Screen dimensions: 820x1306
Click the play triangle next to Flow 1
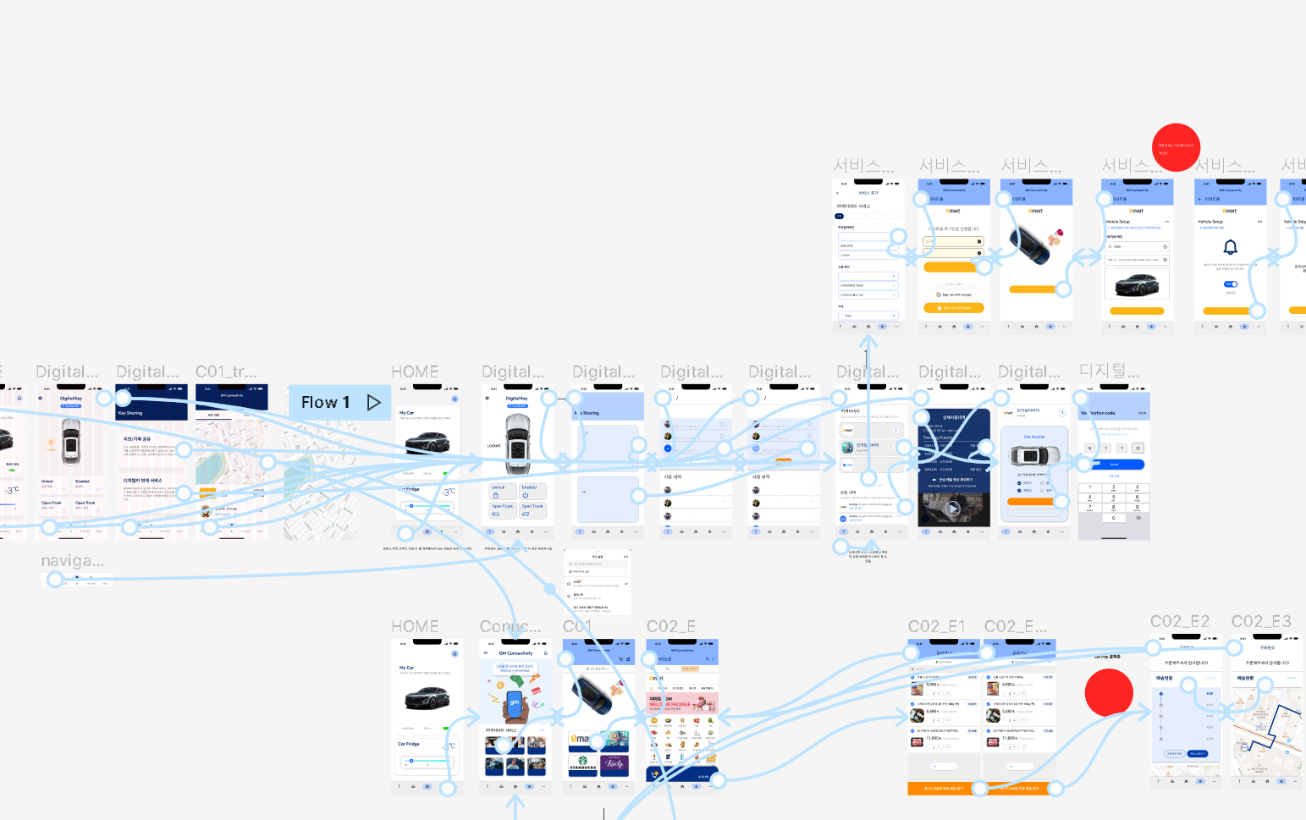(373, 403)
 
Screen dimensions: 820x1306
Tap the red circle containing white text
(1176, 148)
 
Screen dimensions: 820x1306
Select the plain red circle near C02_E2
(1109, 692)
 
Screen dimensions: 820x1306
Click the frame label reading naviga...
(73, 561)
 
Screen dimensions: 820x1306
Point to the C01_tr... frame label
(226, 372)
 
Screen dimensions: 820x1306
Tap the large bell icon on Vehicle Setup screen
(1231, 247)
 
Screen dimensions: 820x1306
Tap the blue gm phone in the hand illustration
(514, 703)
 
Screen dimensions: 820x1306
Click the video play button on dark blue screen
(953, 509)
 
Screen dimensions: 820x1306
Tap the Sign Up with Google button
(954, 294)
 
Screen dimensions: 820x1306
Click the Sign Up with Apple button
(954, 308)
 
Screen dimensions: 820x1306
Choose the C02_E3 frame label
(1261, 622)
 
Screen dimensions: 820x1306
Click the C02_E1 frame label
(936, 626)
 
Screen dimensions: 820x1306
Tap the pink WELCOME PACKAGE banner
(681, 703)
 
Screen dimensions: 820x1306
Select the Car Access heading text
(1033, 437)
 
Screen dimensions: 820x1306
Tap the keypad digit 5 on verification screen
(1113, 498)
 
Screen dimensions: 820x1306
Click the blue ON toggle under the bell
(1231, 284)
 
